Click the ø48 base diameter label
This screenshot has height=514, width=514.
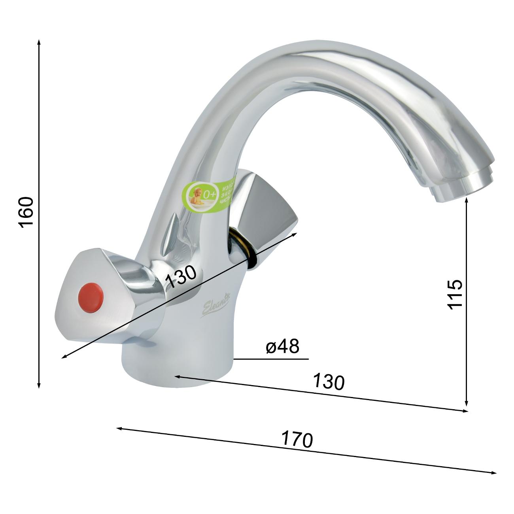(x=283, y=347)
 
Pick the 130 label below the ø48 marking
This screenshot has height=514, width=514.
(x=329, y=382)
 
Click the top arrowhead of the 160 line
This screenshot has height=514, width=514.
(x=39, y=42)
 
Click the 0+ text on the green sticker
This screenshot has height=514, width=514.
(x=208, y=194)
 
